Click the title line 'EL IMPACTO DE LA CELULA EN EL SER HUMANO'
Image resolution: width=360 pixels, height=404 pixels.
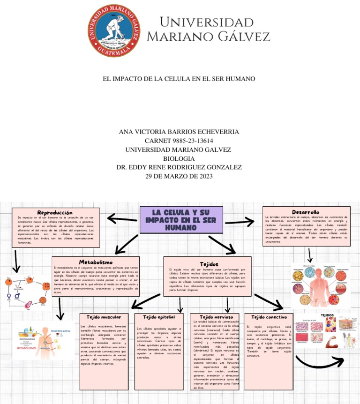(179, 78)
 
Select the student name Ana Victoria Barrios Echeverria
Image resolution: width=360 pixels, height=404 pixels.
(179, 132)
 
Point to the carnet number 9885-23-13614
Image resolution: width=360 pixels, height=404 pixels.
(179, 141)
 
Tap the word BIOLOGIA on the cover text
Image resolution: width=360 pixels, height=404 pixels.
(179, 158)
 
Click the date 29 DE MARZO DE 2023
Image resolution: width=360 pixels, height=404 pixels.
(179, 176)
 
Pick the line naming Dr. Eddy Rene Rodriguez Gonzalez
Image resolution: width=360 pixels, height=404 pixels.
(179, 167)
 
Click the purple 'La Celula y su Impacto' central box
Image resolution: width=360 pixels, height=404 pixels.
(174, 220)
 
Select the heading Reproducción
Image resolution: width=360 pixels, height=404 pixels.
(55, 213)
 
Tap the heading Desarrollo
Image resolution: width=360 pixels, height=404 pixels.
(305, 212)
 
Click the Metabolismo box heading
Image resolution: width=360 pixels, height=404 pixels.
(96, 262)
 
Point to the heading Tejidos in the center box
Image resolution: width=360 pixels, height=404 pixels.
(209, 264)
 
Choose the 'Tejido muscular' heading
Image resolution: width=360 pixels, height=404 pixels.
(104, 317)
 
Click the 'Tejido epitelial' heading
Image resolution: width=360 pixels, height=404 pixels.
(159, 317)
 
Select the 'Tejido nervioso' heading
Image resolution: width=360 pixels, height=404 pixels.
(216, 317)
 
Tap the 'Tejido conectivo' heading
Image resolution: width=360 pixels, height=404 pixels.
(269, 317)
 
